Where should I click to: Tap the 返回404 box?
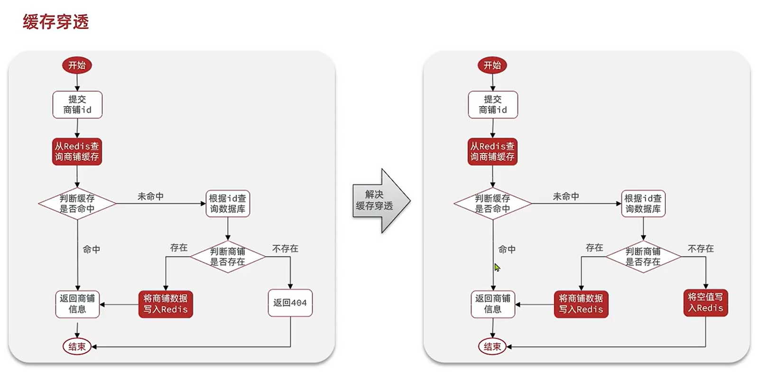pos(290,303)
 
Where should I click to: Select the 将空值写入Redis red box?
pos(705,303)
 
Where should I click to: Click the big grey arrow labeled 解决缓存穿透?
pos(380,200)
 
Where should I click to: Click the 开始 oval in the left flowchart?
pos(77,65)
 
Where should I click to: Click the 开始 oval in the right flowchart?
pos(492,65)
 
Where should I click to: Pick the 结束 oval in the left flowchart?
pos(77,346)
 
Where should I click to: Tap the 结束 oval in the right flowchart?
pos(492,346)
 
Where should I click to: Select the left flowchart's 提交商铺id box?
pos(77,105)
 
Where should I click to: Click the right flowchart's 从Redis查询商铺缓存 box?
pos(492,152)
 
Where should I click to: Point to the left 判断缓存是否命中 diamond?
pos(77,204)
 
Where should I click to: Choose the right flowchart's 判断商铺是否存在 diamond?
pos(643,256)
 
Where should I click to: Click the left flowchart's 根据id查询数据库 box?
pos(228,204)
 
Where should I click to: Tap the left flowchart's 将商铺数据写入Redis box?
pos(166,304)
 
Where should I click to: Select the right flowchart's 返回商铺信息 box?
pos(493,304)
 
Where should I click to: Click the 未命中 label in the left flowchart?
pos(150,196)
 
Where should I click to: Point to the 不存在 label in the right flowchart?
pos(701,248)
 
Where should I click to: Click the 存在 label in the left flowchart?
pos(179,247)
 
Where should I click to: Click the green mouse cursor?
pos(497,267)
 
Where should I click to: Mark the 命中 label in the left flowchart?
pos(91,249)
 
